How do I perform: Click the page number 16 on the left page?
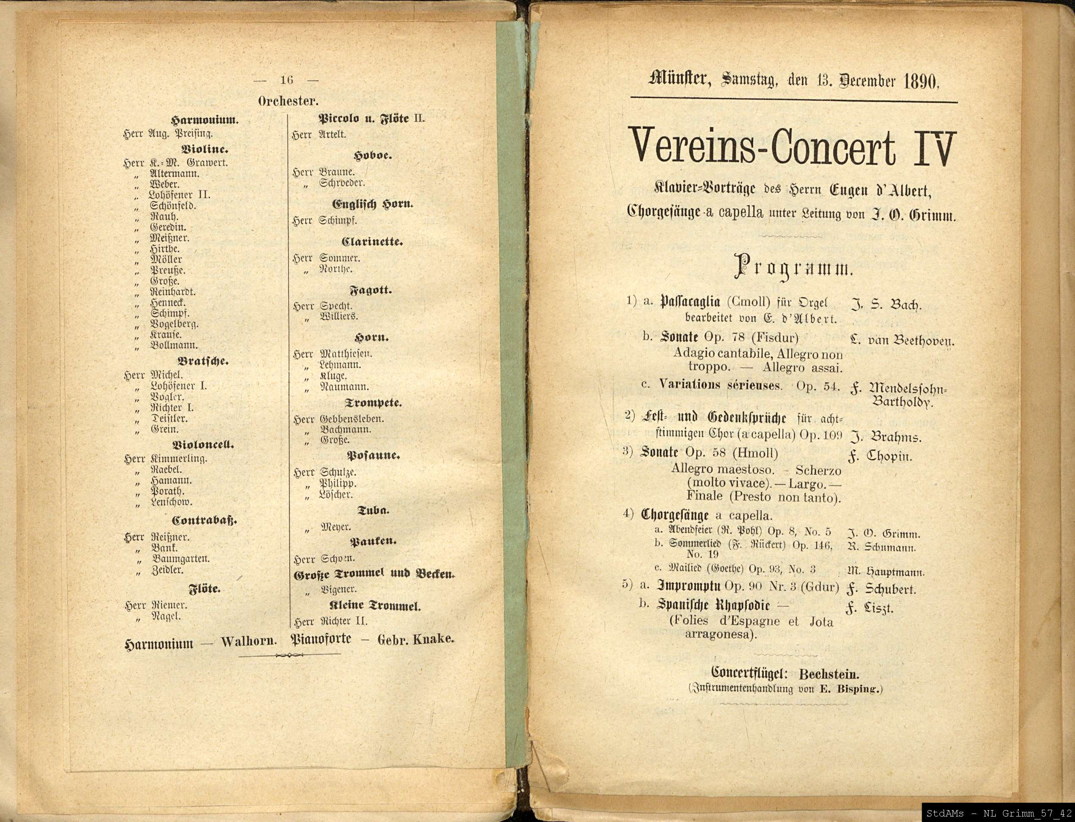coord(286,80)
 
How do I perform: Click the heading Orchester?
coord(288,101)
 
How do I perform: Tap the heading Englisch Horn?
coord(373,204)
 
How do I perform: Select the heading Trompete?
coord(374,403)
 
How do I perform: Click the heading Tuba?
coord(374,510)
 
